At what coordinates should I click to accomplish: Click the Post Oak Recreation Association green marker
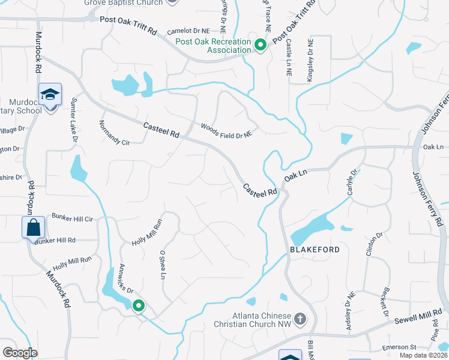pos(261,45)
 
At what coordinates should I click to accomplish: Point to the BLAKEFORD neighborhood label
pos(316,250)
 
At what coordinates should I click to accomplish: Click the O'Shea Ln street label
pos(162,265)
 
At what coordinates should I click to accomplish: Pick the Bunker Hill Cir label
pos(72,219)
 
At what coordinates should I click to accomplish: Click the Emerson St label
pos(399,347)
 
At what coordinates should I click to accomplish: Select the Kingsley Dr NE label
pos(310,60)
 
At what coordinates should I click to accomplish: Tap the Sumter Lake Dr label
pos(75,121)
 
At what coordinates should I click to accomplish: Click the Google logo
pos(20,352)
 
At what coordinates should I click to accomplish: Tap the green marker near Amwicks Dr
pos(139,306)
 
